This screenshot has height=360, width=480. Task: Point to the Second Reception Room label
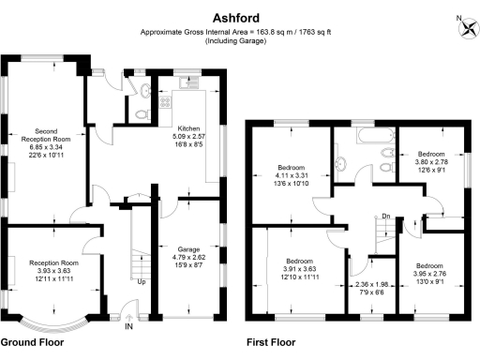pyautogui.click(x=53, y=136)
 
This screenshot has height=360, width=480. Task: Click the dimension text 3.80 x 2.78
pyautogui.click(x=430, y=161)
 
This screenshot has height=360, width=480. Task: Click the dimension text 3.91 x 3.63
pyautogui.click(x=299, y=270)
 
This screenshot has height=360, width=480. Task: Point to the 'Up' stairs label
pyautogui.click(x=141, y=281)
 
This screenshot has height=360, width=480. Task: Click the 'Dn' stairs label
pyautogui.click(x=385, y=217)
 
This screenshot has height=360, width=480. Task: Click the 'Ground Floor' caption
pyautogui.click(x=32, y=343)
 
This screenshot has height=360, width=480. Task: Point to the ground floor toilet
pyautogui.click(x=141, y=113)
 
